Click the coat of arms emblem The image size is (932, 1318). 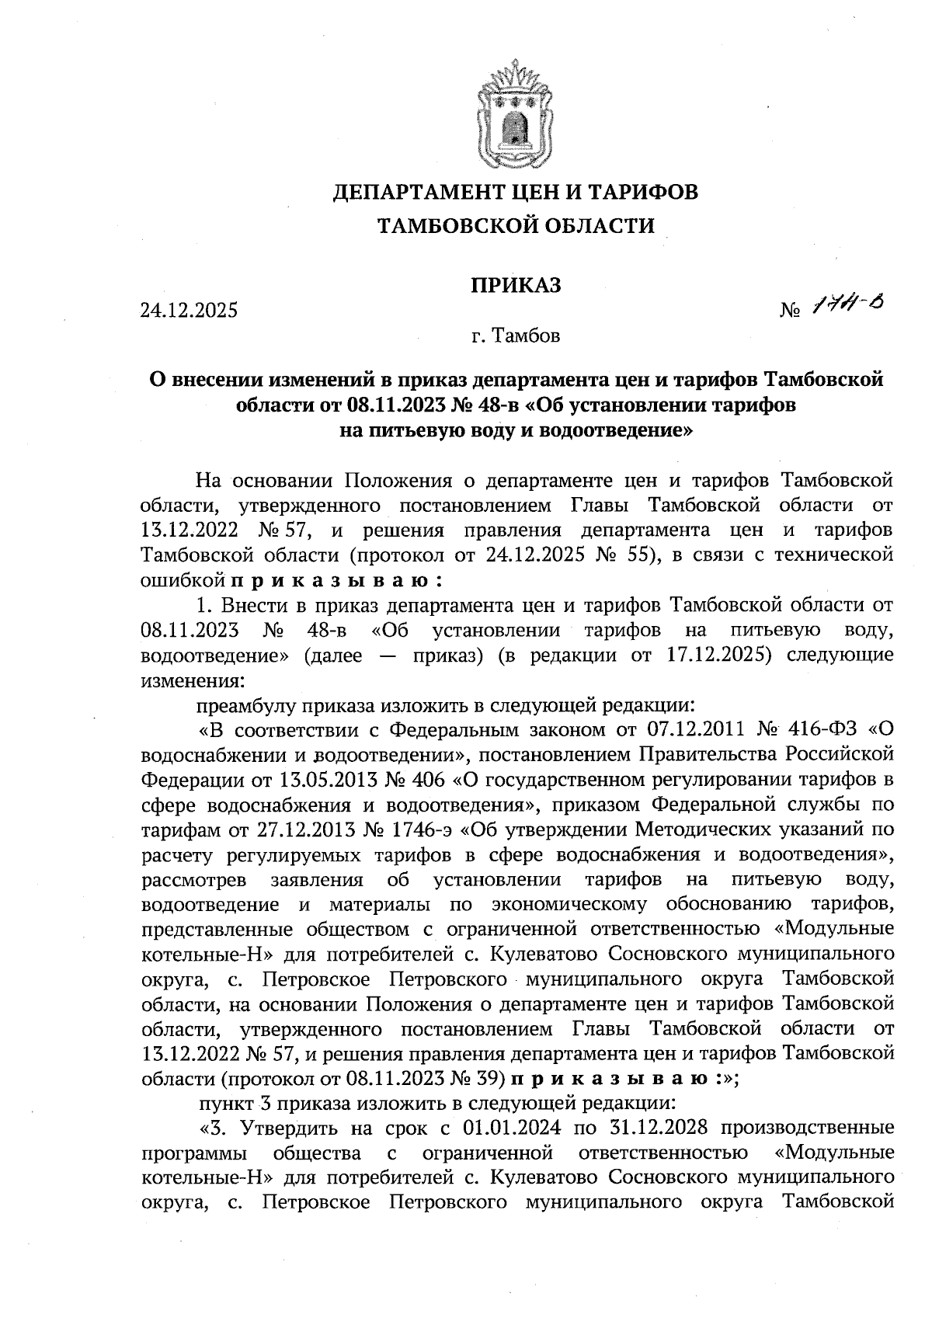click(514, 117)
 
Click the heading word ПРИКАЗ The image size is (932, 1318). click(515, 285)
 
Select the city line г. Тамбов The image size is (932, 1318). click(515, 337)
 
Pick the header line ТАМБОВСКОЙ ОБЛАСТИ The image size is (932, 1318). click(515, 226)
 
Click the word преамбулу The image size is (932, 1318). click(245, 706)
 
